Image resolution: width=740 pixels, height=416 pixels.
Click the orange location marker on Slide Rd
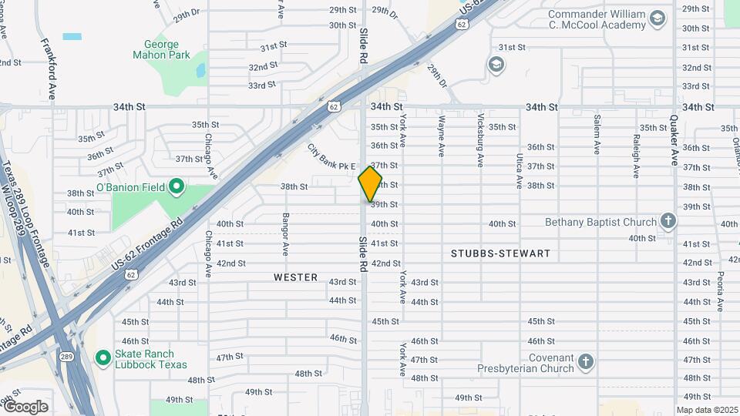click(x=370, y=184)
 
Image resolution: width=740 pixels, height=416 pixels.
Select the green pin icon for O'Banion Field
click(x=176, y=186)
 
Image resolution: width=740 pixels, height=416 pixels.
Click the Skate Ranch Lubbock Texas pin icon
click(x=103, y=357)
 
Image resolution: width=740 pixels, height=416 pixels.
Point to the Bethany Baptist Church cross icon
click(x=668, y=222)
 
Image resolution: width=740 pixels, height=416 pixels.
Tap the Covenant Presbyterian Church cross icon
click(x=586, y=361)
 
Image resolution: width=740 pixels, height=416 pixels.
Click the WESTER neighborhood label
click(x=295, y=277)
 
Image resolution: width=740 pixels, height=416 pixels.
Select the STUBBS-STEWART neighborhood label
click(x=500, y=253)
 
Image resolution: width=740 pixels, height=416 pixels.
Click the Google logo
click(x=25, y=406)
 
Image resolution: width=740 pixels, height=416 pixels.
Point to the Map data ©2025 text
click(x=707, y=410)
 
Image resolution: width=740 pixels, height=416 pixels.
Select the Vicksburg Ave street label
click(x=480, y=140)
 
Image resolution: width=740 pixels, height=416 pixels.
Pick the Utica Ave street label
click(x=519, y=170)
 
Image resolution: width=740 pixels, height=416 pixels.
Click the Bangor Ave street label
click(x=285, y=234)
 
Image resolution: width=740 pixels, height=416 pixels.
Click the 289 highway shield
click(x=67, y=356)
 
